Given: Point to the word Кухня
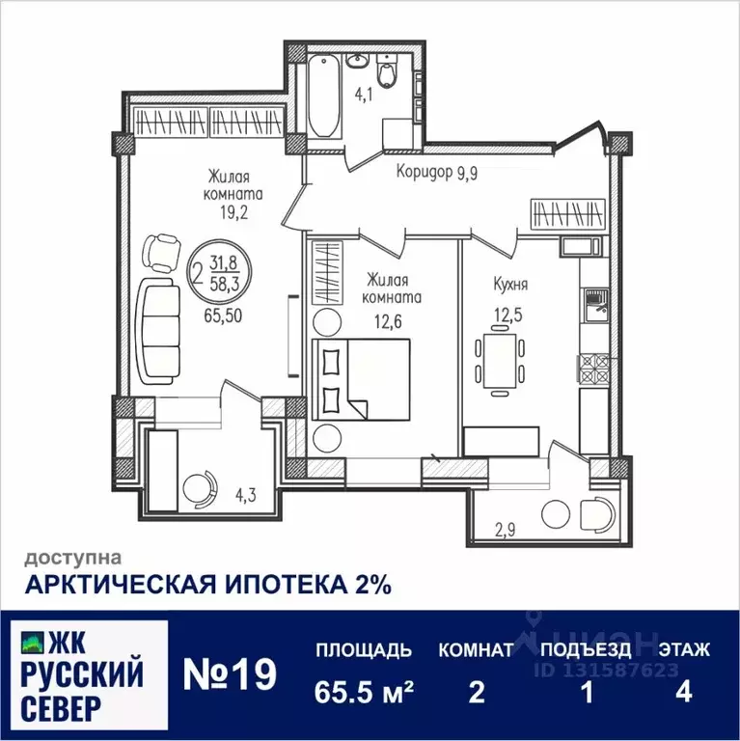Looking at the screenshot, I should (x=510, y=286).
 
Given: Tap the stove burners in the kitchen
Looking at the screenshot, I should (x=592, y=370).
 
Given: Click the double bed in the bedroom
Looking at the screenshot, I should (x=362, y=379).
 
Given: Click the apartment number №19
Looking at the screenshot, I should (x=230, y=673).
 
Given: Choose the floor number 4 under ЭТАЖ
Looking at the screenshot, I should (x=684, y=693).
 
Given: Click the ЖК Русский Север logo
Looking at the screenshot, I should (x=84, y=673).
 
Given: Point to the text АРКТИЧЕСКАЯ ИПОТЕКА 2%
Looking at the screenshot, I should (x=207, y=584).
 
